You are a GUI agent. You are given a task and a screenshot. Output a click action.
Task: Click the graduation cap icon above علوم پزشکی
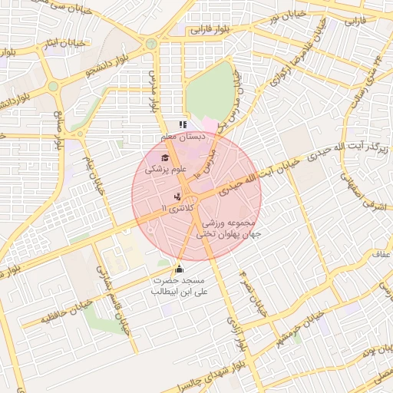(x=163, y=157)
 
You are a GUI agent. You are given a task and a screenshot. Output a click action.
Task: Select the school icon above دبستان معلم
(x=182, y=124)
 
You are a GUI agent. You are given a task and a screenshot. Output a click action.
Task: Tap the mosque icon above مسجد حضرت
(x=180, y=269)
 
